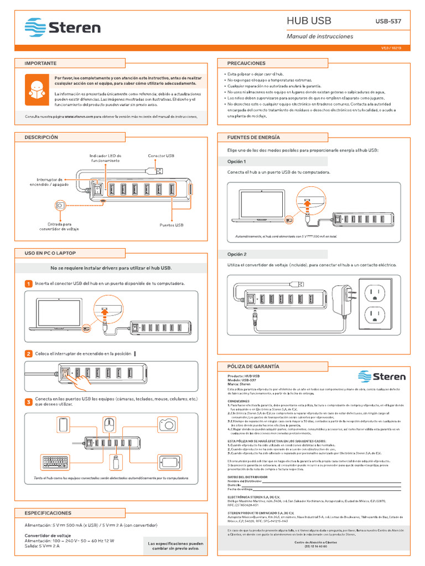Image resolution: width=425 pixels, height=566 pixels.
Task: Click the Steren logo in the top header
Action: pos(63,27)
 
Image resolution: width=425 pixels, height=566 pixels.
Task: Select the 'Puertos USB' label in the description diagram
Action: pos(171,225)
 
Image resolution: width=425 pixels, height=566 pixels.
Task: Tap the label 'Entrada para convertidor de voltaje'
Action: pos(59,227)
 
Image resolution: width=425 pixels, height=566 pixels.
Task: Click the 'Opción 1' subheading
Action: pos(237,161)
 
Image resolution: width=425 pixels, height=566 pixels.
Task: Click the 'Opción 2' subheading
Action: pos(237,254)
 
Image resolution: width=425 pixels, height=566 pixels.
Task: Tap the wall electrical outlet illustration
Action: pos(377,303)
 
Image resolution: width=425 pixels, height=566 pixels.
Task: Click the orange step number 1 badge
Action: pos(29,284)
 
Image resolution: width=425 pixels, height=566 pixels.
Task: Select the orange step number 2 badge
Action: pos(29,354)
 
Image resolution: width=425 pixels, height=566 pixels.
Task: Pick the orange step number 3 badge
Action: pos(29,402)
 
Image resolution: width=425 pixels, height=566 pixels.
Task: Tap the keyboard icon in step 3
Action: pos(61,462)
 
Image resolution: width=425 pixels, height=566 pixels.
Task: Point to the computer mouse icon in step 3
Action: pos(109,424)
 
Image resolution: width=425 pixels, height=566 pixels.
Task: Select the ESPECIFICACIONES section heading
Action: pos(48,513)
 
